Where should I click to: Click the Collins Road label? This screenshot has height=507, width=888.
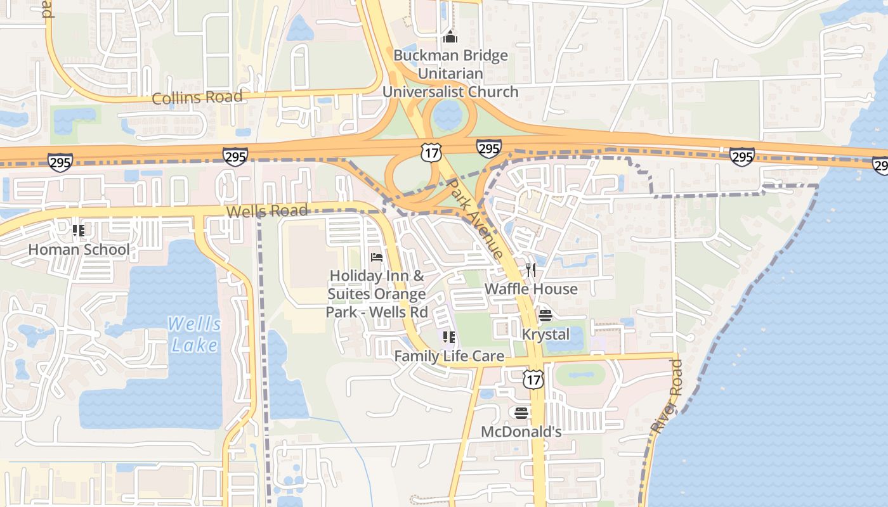pos(197,98)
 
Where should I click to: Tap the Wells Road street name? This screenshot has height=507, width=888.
pos(267,211)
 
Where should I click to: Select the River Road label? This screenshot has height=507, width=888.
pos(668,397)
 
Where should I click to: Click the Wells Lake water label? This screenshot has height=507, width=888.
pos(194,335)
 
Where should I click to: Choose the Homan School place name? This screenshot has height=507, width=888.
pos(79,250)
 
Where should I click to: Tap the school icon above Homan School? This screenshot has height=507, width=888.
pos(79,230)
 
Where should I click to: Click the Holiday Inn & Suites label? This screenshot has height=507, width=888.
pos(377,293)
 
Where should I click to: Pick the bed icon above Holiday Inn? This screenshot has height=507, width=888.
pos(377,257)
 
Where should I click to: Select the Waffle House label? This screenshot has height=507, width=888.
pos(531,289)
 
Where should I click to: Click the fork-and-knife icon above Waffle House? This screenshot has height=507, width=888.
pos(531,270)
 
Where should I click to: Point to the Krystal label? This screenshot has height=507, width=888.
pos(545,334)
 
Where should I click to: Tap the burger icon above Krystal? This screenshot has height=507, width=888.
pos(545,315)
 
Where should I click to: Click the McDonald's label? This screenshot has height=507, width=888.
pos(521,432)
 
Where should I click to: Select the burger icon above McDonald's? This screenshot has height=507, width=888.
pos(521,413)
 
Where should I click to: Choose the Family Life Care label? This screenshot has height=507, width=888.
pos(449,356)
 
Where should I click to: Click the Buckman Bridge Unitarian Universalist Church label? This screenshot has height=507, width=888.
pos(450,74)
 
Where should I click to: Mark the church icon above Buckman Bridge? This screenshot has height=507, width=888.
pos(450,36)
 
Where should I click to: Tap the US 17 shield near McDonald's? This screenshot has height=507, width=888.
pos(533,379)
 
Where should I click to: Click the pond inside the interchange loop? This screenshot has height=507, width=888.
pos(448,113)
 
